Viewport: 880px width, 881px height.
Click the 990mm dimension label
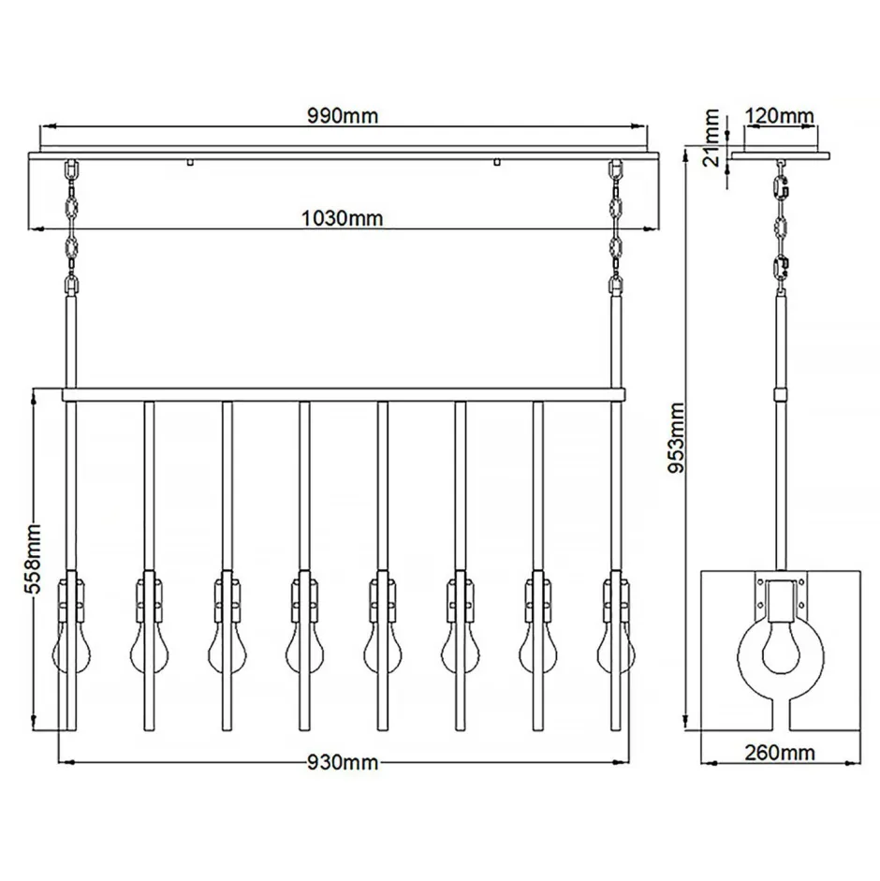343,116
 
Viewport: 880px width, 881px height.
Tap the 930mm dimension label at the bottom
343,762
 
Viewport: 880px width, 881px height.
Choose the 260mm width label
780,752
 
